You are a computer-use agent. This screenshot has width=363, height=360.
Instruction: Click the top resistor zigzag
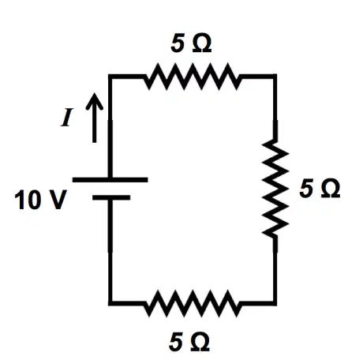(x=193, y=77)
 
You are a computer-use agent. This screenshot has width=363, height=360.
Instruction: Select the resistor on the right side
(x=275, y=189)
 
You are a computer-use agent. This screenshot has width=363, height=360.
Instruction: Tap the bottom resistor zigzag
(x=193, y=303)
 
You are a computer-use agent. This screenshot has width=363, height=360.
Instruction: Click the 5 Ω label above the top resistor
(x=191, y=43)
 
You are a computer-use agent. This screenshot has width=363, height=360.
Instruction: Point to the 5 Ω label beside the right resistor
(x=320, y=188)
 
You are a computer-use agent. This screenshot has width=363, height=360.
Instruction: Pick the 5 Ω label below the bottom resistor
(x=189, y=342)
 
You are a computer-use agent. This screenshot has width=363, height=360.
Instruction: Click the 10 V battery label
(x=40, y=200)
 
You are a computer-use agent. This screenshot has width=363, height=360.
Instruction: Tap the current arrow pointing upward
(x=94, y=118)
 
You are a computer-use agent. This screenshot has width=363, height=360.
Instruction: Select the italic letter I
(x=66, y=118)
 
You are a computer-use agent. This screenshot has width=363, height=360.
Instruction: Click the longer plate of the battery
(x=110, y=180)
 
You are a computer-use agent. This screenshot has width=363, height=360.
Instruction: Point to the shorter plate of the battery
(x=111, y=197)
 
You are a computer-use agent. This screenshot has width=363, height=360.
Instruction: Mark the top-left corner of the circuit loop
(x=110, y=77)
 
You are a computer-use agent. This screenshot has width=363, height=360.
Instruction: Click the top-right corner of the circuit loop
(x=275, y=77)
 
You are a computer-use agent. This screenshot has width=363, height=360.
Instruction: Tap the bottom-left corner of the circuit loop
(x=110, y=303)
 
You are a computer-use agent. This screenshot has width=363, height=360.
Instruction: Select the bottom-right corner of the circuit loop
(x=275, y=303)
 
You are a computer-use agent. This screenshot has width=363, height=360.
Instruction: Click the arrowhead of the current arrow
(x=94, y=100)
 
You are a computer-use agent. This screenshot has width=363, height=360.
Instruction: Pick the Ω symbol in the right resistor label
(x=331, y=189)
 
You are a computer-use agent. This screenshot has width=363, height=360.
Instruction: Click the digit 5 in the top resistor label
(x=178, y=43)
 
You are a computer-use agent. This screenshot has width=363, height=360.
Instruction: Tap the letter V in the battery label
(x=56, y=200)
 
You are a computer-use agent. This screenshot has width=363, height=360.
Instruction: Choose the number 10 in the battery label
(x=28, y=201)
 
